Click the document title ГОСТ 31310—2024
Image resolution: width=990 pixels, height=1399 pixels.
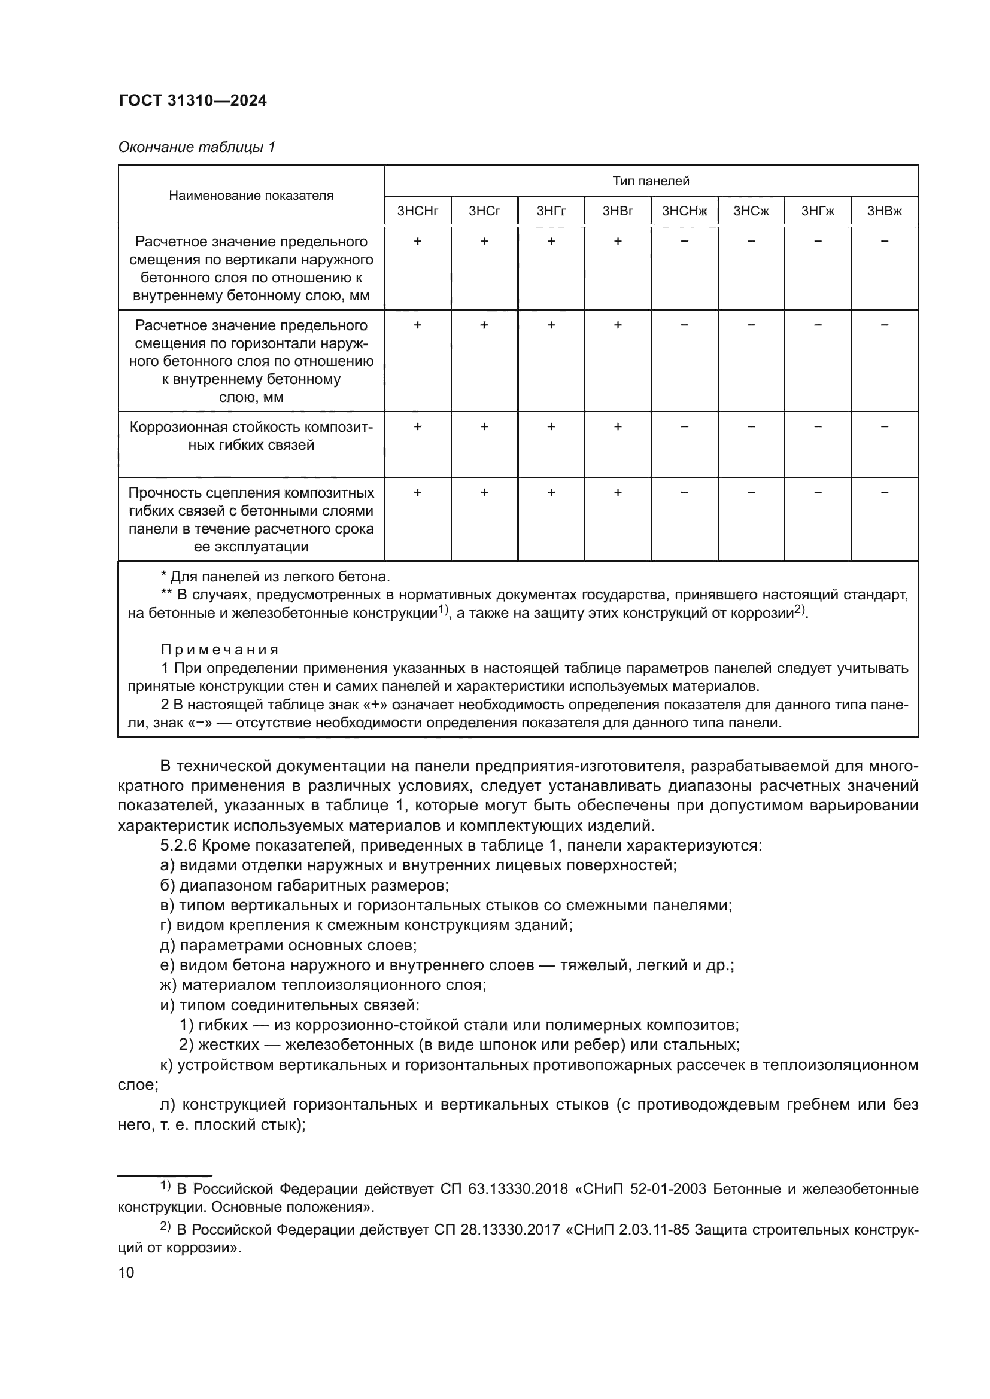[193, 101]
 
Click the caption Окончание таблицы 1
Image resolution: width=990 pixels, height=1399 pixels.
[196, 147]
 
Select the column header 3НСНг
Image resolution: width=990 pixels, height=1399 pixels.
[418, 211]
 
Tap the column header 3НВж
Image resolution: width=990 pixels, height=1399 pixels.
[884, 211]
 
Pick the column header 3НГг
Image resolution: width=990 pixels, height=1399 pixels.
[551, 211]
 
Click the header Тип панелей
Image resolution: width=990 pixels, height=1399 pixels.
[651, 181]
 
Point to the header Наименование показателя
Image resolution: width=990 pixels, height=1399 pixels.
[251, 196]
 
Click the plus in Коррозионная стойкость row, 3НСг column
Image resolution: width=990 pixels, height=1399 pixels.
[484, 427]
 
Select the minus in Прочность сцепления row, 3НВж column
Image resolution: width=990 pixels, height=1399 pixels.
[885, 492]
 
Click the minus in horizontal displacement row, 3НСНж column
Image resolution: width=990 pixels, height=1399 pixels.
[684, 325]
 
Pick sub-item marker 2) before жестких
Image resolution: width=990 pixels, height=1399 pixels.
[187, 1045]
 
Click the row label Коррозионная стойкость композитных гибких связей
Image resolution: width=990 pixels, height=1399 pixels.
[251, 435]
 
